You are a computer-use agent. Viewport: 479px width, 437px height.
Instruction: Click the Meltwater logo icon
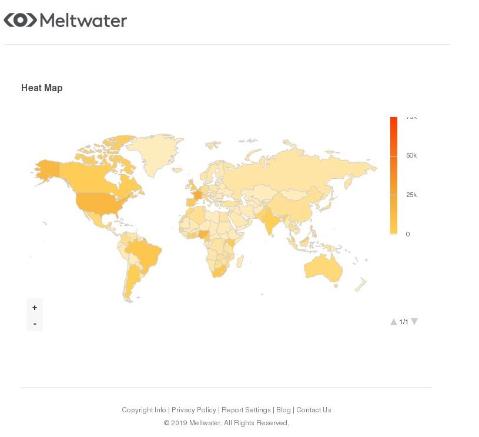[20, 20]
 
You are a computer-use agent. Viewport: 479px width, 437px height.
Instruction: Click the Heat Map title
[42, 88]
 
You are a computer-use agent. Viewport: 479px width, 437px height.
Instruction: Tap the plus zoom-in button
[35, 308]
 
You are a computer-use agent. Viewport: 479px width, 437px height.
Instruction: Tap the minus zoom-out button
[35, 323]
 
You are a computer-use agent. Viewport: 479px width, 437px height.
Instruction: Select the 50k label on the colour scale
[411, 155]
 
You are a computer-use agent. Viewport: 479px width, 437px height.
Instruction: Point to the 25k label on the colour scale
[411, 195]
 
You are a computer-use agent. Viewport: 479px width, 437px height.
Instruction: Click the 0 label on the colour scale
[407, 234]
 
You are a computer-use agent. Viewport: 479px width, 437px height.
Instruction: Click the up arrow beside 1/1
[394, 322]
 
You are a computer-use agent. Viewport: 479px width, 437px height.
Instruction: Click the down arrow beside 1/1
[414, 322]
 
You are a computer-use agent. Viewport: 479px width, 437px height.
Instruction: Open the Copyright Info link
[144, 410]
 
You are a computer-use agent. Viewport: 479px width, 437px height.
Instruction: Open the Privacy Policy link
[194, 410]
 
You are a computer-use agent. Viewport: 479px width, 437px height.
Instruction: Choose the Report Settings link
[246, 410]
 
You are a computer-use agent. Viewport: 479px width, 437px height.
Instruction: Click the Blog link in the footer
[283, 410]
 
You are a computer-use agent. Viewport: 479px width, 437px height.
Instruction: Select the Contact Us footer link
[314, 410]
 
